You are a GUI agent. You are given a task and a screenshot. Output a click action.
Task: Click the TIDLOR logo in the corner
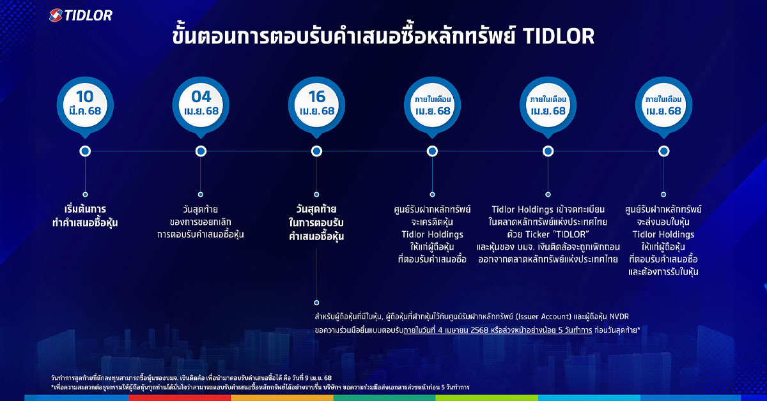coord(81,15)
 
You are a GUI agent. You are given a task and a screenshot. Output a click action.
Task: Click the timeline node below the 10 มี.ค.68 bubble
coord(85,151)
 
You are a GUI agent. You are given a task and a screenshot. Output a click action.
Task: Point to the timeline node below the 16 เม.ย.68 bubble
coord(316,151)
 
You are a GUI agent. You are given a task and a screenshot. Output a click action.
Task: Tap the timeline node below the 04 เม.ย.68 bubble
coord(201,151)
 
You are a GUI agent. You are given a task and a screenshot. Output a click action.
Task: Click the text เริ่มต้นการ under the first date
coord(85,209)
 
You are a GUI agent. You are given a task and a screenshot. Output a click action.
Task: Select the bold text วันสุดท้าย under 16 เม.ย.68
coord(316,209)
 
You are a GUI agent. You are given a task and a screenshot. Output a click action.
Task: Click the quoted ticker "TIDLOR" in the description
coord(568,234)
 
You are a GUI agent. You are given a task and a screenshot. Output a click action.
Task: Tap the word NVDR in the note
coord(619,317)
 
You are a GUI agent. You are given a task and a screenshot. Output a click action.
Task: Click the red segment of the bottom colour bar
coord(180,398)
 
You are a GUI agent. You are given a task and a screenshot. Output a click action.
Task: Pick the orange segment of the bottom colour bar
coord(282,398)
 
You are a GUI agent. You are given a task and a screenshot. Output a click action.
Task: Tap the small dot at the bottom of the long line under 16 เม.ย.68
coord(316,303)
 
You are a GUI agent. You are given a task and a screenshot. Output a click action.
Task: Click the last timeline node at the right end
coord(663,151)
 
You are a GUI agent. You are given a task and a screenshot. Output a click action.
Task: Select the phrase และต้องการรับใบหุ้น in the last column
coord(663,272)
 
